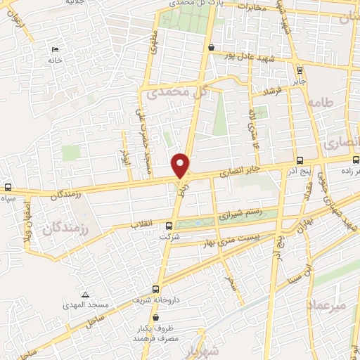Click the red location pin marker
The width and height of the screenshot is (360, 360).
click(x=181, y=165)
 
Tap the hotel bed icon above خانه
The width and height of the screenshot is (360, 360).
click(x=55, y=50)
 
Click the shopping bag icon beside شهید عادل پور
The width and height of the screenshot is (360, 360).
click(x=211, y=47)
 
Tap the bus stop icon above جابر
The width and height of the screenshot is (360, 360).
click(x=300, y=70)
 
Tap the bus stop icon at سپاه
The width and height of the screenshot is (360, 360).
click(x=8, y=188)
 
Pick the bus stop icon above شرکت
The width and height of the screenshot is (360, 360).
click(x=168, y=226)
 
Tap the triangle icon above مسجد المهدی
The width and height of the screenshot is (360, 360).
click(x=85, y=295)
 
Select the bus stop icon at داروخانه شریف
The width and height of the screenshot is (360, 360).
click(x=156, y=288)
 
